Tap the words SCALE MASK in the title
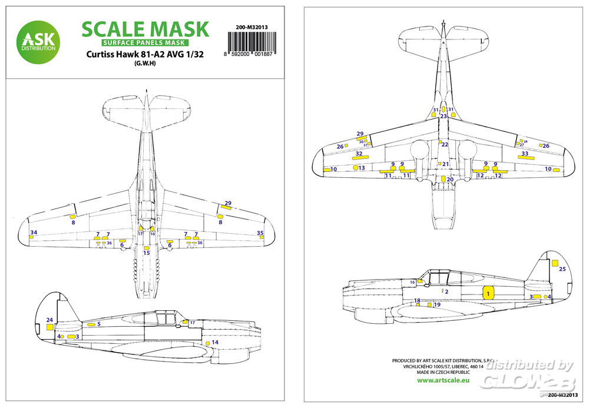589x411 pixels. (145, 29)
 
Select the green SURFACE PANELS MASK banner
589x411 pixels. (144, 43)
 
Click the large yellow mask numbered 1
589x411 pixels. (487, 293)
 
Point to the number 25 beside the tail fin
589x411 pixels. (562, 269)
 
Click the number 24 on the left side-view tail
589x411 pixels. (49, 320)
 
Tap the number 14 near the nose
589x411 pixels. (215, 342)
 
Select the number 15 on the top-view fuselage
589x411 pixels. (147, 253)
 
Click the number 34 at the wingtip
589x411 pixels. (34, 233)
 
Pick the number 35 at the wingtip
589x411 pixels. (260, 233)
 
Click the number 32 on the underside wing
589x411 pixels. (359, 154)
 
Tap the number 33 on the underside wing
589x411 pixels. (525, 154)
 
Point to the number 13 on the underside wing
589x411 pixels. (362, 168)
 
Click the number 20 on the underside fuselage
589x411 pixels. (450, 180)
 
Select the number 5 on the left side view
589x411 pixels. (98, 324)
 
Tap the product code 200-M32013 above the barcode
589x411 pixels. (257, 26)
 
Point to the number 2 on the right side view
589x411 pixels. (446, 291)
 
